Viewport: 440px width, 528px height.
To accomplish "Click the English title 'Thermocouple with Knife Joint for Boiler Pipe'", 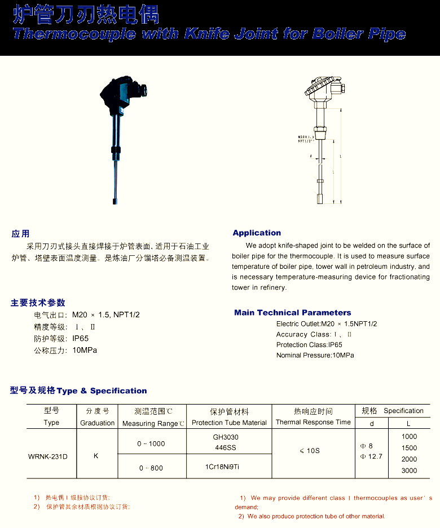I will pos(209,34).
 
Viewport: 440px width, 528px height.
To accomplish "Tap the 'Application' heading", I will pos(257,233).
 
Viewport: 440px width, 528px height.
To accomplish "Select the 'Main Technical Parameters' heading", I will pos(292,312).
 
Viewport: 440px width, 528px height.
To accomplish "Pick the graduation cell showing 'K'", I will pos(96,455).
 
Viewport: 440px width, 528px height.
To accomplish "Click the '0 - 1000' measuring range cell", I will pos(151,443).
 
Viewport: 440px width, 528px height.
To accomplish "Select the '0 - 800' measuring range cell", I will pos(151,468).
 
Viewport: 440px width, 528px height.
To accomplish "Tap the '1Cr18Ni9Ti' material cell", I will pos(222,467).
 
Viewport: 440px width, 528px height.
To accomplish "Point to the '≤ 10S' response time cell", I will pos(310,450).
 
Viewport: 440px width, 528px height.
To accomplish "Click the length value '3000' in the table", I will pos(409,471).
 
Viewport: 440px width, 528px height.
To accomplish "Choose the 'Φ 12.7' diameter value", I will pos(371,456).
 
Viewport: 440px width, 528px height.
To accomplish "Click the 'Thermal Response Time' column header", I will pos(313,422).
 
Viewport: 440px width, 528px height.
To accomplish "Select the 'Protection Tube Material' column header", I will pos(229,423).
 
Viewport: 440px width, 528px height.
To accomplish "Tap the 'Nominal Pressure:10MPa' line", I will pos(315,355).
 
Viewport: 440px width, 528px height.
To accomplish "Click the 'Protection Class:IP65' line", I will pos(309,344).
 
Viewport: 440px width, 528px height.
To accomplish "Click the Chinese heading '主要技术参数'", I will pos(38,303).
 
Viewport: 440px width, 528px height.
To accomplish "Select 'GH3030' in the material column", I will pos(226,437).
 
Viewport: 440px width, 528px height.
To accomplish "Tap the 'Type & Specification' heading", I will pos(102,391).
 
